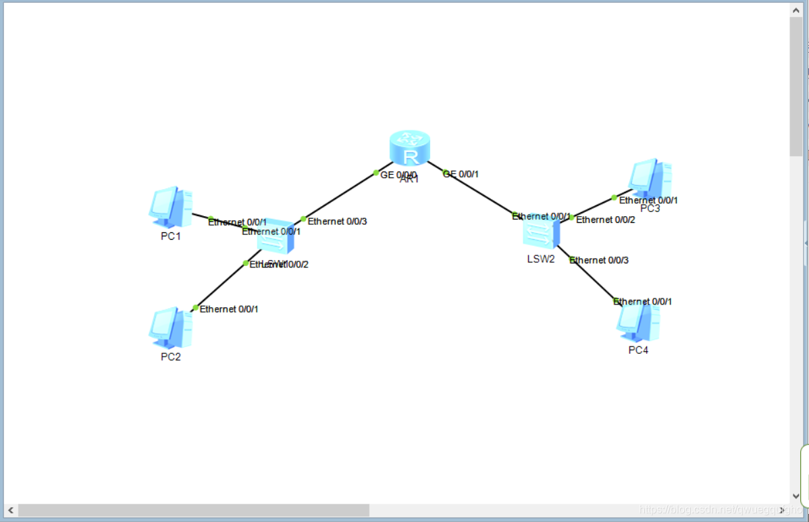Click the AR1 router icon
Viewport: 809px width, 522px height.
coord(410,148)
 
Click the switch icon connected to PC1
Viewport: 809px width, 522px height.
coord(276,238)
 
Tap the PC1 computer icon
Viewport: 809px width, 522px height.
coord(170,207)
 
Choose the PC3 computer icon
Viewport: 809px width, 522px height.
coord(650,178)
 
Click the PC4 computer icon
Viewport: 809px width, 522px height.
coord(638,322)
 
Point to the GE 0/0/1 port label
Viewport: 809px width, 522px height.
coord(463,174)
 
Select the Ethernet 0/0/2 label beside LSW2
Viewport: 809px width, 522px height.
coord(605,219)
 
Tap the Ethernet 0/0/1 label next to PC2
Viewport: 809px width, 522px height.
coord(229,309)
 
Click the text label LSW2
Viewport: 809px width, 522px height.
coord(541,259)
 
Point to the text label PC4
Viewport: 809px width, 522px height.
coord(638,350)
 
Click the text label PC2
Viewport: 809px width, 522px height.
coord(170,357)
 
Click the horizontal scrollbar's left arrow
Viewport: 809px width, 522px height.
coord(10,510)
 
